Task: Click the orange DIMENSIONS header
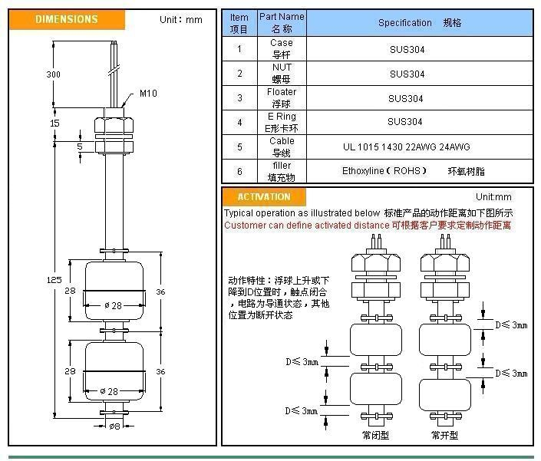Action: click(67, 19)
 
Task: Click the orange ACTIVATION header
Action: click(264, 197)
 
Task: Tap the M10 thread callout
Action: click(148, 94)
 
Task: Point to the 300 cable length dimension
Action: click(53, 74)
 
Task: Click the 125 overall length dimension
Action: click(54, 280)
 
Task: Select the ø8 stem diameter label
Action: click(114, 426)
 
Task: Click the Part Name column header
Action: click(282, 22)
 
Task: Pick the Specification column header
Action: click(419, 23)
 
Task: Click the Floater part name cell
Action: click(282, 97)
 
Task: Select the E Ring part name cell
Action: click(281, 122)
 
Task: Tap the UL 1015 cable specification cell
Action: click(406, 147)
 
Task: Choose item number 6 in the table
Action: click(239, 171)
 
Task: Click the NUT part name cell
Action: click(282, 73)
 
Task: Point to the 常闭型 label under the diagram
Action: click(376, 435)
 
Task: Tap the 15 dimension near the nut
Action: click(54, 123)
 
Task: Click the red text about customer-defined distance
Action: click(368, 226)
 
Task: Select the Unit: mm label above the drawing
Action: click(180, 19)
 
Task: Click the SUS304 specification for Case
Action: click(406, 49)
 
